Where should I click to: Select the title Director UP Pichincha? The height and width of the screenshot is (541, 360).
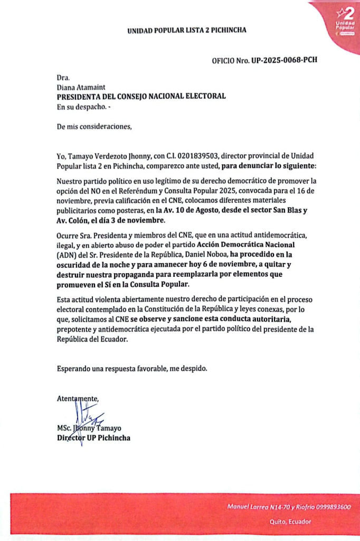click(x=93, y=438)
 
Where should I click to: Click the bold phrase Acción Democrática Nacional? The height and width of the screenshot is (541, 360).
click(x=245, y=245)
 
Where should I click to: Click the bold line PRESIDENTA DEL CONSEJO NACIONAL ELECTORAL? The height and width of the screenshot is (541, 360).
click(x=141, y=96)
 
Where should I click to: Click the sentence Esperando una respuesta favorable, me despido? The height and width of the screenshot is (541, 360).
click(x=132, y=368)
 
